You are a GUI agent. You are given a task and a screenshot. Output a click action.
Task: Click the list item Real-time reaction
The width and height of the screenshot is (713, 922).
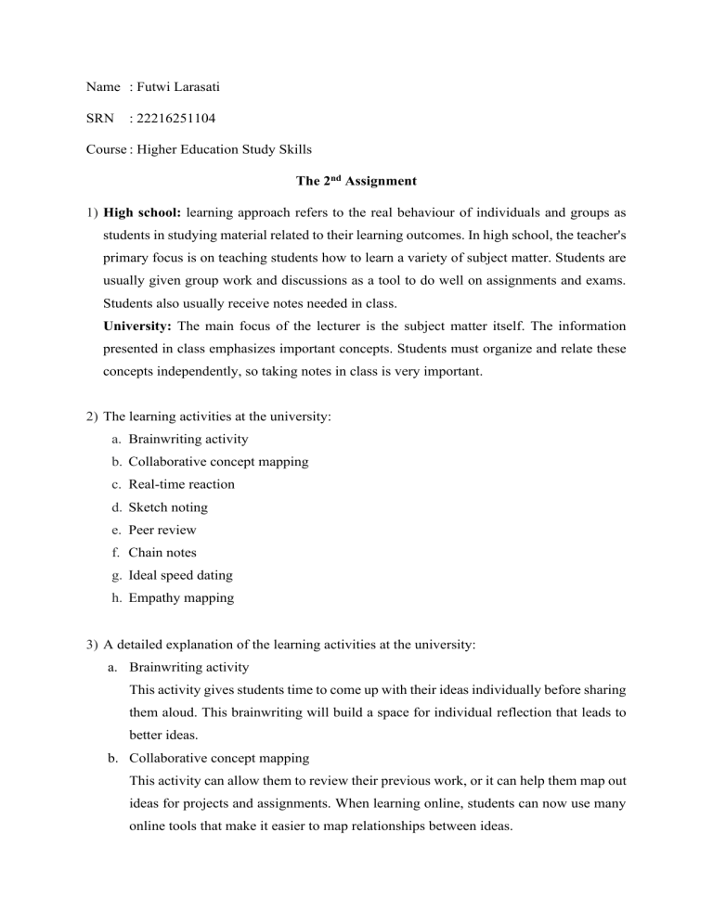click(x=181, y=483)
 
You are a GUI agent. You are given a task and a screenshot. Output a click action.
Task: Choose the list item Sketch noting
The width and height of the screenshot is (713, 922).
click(x=168, y=506)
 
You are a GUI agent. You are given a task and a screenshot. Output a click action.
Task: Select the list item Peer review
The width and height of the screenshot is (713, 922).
click(x=162, y=530)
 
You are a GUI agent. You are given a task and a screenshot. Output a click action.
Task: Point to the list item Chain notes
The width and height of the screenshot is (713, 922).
click(x=162, y=553)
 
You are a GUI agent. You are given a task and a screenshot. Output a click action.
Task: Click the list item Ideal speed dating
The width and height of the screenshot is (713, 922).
click(x=181, y=576)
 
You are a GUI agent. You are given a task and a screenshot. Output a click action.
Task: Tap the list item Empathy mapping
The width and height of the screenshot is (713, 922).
click(x=181, y=598)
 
